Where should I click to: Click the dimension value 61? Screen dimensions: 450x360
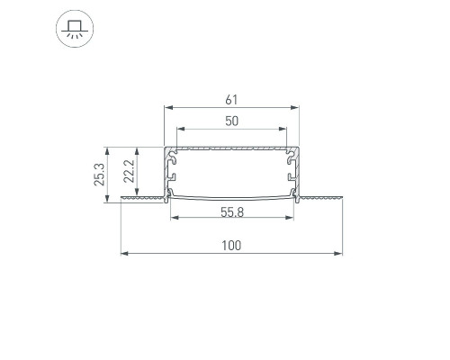click(231, 100)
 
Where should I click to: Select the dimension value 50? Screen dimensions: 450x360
click(231, 121)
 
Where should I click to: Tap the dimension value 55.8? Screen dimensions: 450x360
click(232, 212)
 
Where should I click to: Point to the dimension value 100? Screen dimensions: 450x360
click(231, 246)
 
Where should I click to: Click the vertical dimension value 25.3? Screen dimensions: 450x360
click(100, 175)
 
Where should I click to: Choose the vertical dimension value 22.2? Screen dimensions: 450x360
click(129, 171)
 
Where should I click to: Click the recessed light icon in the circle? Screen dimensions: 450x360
click(75, 29)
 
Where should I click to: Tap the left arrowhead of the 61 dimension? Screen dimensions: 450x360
click(169, 107)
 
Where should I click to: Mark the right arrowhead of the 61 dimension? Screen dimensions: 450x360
click(294, 107)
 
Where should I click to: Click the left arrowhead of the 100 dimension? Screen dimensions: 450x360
click(125, 254)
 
